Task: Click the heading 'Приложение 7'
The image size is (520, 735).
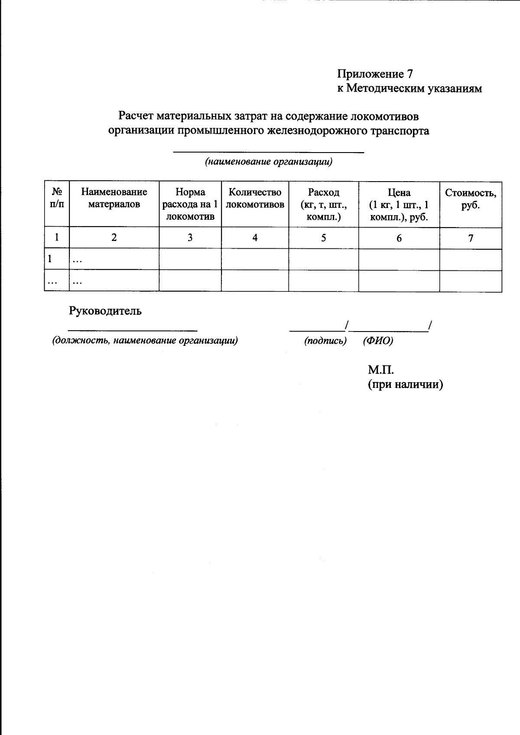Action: [374, 74]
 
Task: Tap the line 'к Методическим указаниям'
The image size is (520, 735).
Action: [409, 88]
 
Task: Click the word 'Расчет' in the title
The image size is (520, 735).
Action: [136, 116]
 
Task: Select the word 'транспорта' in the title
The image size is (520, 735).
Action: [399, 130]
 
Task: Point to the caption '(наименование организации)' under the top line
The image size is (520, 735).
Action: [269, 162]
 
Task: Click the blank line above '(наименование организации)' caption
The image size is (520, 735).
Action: [269, 152]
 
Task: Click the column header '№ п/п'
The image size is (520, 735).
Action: [57, 198]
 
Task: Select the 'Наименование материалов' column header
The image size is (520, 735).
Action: [114, 198]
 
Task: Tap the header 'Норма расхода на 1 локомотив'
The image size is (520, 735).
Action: [190, 204]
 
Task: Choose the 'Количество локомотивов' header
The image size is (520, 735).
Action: [255, 198]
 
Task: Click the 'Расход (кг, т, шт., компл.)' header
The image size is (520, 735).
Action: [324, 204]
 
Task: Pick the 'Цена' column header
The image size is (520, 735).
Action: [399, 204]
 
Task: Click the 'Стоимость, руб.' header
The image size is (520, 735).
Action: [471, 198]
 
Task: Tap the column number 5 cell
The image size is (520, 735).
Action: [324, 237]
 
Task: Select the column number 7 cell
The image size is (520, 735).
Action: [471, 237]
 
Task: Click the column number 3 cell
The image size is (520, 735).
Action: [190, 237]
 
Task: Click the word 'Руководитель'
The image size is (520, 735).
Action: [105, 311]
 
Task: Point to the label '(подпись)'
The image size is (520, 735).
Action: [325, 341]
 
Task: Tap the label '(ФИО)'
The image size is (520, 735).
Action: [378, 341]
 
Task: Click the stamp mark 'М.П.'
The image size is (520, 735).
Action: [380, 370]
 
